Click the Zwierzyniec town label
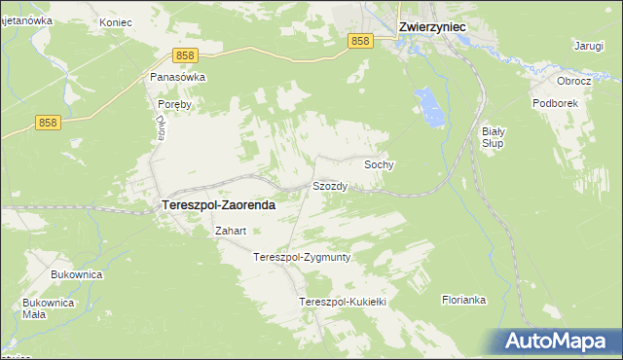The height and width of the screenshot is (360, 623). click(433, 28)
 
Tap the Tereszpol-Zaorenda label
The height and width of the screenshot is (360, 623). click(216, 206)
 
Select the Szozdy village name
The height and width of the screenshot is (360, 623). click(330, 185)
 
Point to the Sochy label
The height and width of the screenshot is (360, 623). click(379, 165)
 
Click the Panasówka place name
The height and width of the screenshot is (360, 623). click(177, 76)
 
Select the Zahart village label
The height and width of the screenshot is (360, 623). click(231, 232)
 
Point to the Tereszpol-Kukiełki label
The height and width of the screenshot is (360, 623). click(344, 303)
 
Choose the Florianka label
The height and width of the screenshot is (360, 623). click(463, 300)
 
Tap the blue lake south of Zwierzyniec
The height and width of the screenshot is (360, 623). click(425, 101)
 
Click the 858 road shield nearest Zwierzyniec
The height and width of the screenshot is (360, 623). click(360, 40)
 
